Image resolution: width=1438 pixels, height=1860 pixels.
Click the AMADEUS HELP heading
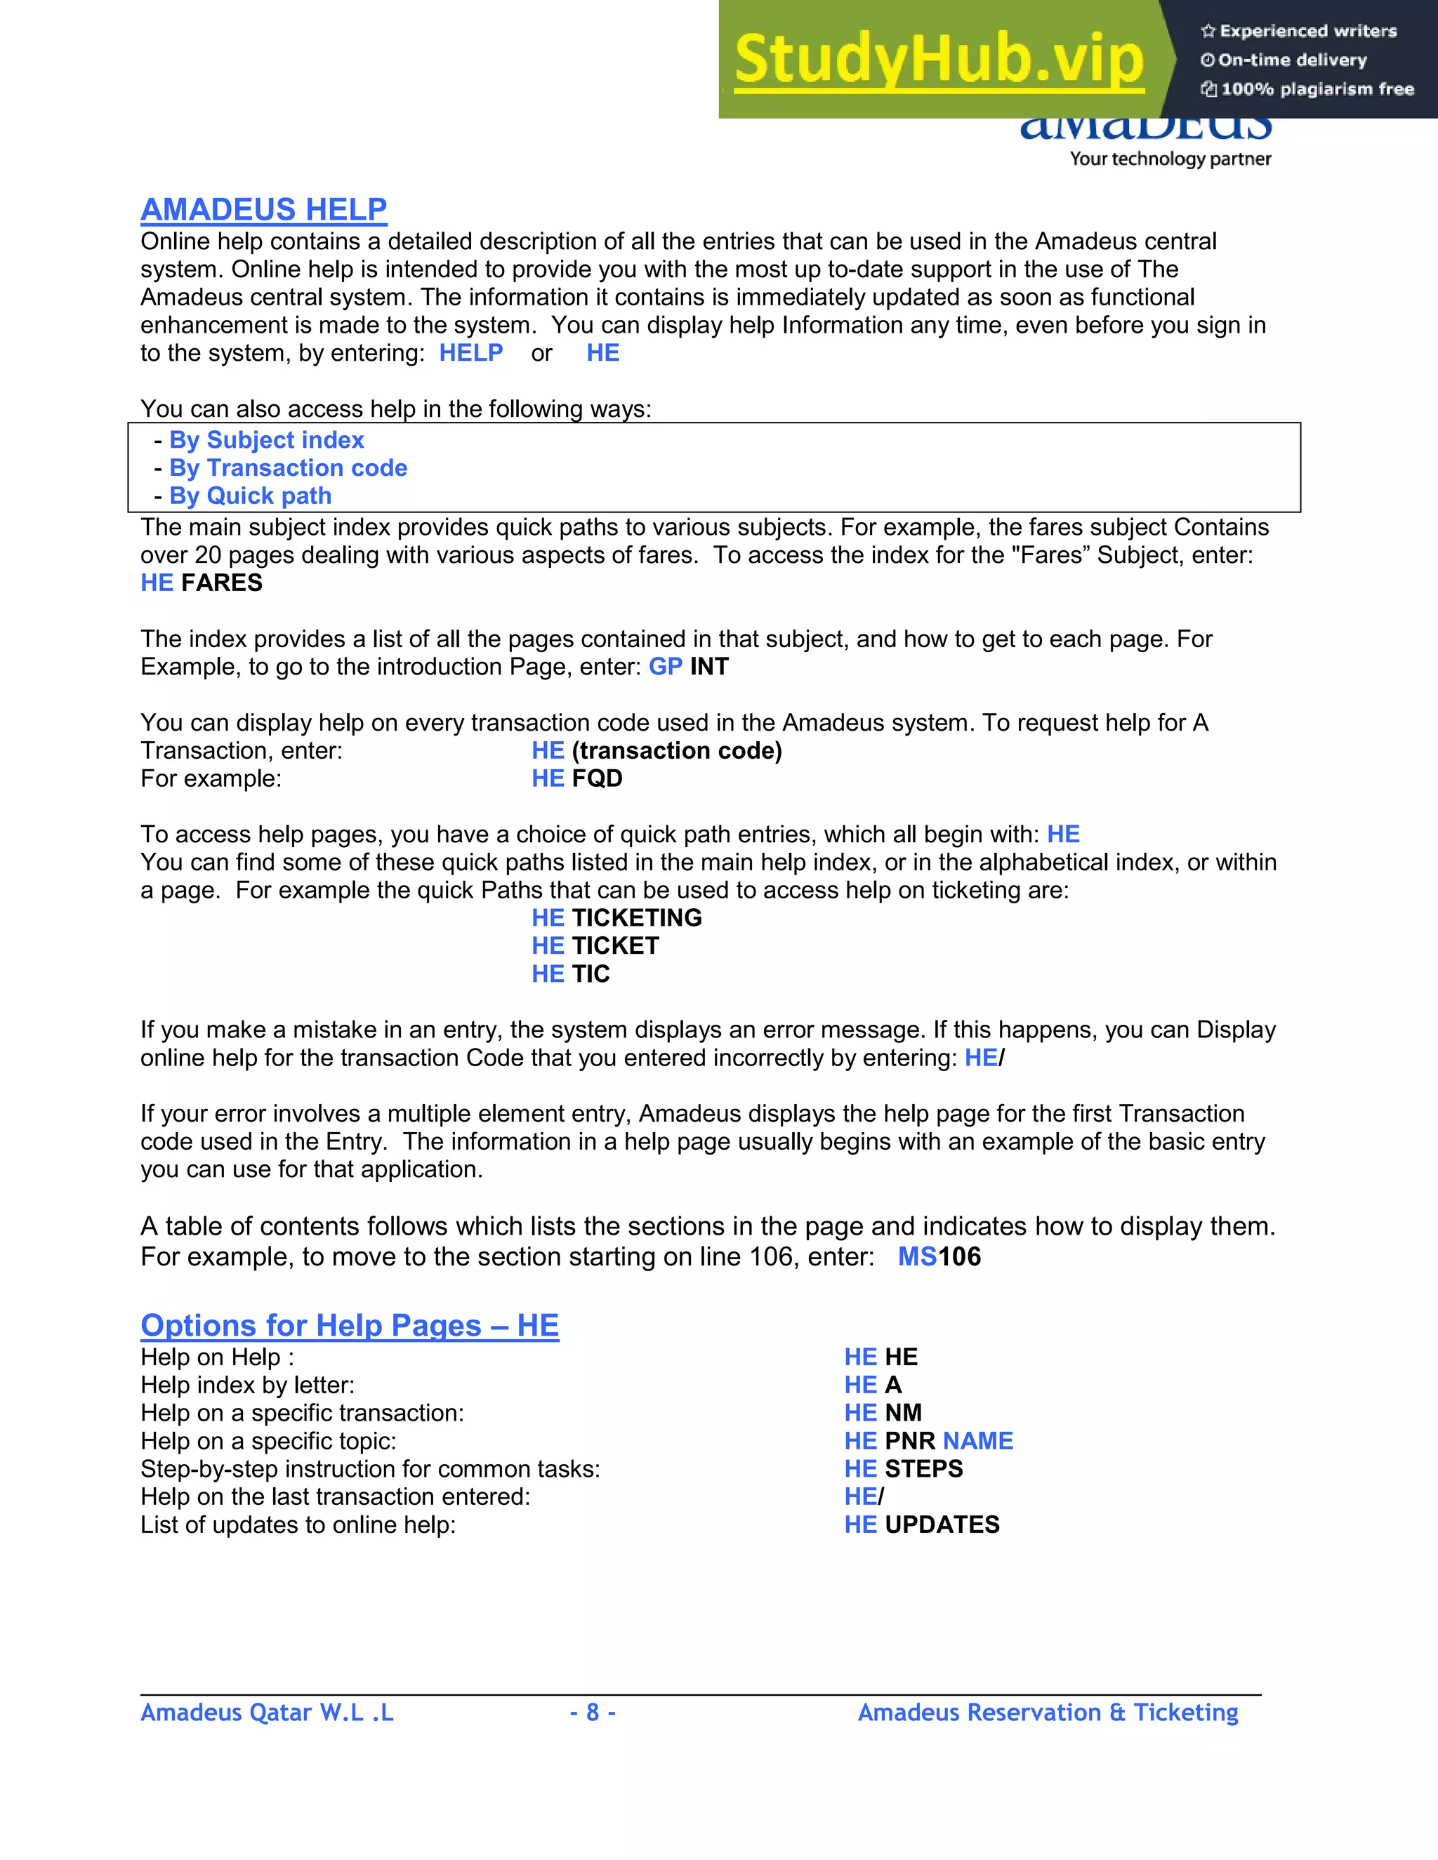(x=263, y=209)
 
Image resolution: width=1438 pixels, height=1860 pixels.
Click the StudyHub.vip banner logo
(x=938, y=60)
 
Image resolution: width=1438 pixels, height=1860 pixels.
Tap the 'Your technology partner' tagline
(x=1170, y=159)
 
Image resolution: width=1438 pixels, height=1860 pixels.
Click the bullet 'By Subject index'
(x=266, y=440)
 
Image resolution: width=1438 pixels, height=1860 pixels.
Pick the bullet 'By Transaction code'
(x=288, y=468)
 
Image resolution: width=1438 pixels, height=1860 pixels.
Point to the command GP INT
(x=688, y=667)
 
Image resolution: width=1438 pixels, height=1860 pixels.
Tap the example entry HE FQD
(x=576, y=778)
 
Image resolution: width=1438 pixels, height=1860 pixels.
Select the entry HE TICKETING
(x=616, y=918)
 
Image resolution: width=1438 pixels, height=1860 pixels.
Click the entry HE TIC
(x=570, y=974)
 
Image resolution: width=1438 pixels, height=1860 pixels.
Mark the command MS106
(x=939, y=1257)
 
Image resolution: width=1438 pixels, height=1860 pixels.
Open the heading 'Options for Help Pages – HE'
(x=349, y=1326)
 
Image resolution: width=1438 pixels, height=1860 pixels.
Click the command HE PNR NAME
(x=928, y=1441)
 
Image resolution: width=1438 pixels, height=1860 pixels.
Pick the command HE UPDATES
(x=922, y=1524)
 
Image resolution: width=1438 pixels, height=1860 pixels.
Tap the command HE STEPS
(x=903, y=1469)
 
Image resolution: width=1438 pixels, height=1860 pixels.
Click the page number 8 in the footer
(x=593, y=1713)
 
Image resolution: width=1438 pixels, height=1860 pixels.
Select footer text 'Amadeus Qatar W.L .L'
(x=267, y=1713)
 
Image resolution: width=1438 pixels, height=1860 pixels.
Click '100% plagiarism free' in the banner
(x=1317, y=89)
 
